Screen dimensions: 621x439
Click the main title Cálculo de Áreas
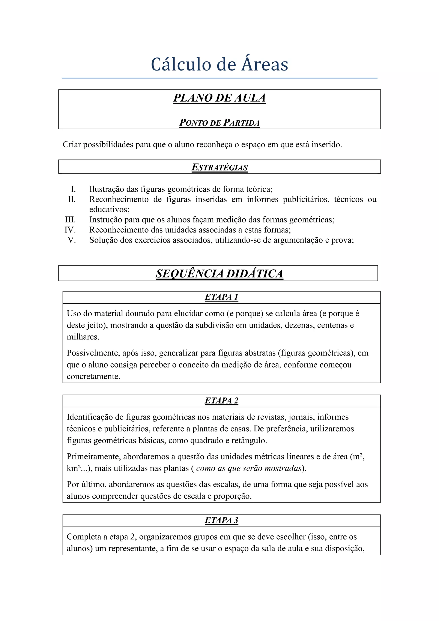[219, 64]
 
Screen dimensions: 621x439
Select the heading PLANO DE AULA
[219, 98]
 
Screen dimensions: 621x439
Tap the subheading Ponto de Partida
[219, 123]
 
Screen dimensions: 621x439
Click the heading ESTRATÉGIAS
[219, 167]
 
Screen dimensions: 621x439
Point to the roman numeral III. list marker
[70, 220]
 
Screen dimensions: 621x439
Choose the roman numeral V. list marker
[72, 240]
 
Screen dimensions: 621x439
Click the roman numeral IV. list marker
[70, 230]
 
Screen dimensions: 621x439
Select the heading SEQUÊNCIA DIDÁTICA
[219, 273]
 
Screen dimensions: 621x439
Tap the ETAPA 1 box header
[221, 297]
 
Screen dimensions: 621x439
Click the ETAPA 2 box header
[221, 400]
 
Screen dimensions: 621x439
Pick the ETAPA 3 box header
[221, 520]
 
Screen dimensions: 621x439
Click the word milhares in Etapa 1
[83, 337]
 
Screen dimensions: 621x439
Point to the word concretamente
[93, 376]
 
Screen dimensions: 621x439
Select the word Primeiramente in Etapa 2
[94, 457]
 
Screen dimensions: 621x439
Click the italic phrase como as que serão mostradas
[249, 468]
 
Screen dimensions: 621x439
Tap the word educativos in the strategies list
[109, 210]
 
